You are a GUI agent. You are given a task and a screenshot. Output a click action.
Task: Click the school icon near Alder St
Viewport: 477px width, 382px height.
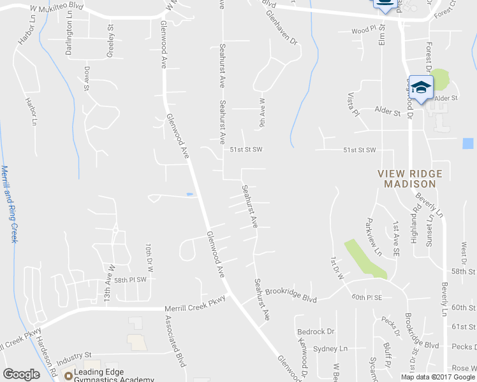pyautogui.click(x=421, y=87)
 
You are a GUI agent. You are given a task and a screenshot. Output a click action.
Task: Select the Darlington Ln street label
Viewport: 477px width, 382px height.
pyautogui.click(x=69, y=37)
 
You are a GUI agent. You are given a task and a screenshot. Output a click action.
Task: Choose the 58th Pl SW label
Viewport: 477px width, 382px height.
pyautogui.click(x=131, y=279)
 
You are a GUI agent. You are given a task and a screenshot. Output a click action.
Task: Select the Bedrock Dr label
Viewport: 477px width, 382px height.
pyautogui.click(x=316, y=332)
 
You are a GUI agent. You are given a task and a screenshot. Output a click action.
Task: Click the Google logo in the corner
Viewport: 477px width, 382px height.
pyautogui.click(x=22, y=374)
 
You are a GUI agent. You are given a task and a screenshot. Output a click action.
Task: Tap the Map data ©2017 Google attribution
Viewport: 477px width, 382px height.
pyautogui.click(x=438, y=377)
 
